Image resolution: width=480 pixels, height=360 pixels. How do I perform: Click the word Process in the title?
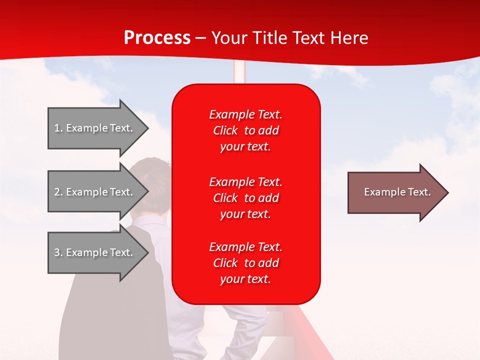point(157,38)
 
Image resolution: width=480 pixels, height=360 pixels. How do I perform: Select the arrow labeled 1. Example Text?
point(95,128)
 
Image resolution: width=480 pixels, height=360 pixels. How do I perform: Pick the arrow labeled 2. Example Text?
point(95,192)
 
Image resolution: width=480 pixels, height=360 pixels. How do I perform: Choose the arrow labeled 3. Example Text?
point(95,252)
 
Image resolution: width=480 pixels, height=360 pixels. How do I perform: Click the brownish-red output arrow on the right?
point(395,192)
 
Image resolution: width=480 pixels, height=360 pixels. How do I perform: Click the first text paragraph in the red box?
point(245,130)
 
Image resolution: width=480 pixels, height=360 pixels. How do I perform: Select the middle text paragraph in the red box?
point(245,198)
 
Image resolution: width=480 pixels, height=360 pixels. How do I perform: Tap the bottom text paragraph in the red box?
point(245,263)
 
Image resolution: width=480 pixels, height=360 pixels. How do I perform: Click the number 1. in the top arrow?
point(58,128)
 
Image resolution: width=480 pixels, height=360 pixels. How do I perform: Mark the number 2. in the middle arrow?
point(58,192)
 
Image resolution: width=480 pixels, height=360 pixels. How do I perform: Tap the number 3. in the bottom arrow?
point(58,252)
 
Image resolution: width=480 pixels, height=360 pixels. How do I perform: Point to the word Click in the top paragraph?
point(225,130)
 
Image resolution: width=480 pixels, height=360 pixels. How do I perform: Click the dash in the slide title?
point(200,38)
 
